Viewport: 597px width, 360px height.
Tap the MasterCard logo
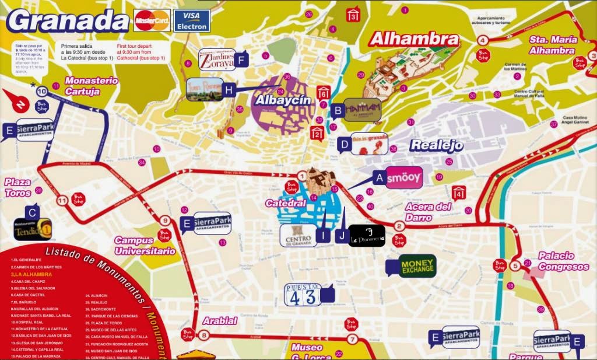coord(152,20)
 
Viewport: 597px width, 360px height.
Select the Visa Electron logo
coord(192,20)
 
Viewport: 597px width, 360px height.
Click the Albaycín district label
coord(281,100)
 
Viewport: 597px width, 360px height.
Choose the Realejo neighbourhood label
coord(437,145)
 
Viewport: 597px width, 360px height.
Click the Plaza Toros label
coord(18,187)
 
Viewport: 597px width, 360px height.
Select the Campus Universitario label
coord(145,246)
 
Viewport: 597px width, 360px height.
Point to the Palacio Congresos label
coord(563,261)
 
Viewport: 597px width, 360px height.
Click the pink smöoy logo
coord(404,177)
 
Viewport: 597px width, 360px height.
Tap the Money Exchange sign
coord(417,266)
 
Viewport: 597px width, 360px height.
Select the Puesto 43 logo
coord(302,295)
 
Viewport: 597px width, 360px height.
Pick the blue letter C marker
coord(33,213)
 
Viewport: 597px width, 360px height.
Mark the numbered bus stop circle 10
coord(42,92)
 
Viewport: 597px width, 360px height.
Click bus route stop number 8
coord(203,335)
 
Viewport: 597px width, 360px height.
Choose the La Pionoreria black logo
coord(367,236)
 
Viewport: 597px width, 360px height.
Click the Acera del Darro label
coord(429,211)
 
